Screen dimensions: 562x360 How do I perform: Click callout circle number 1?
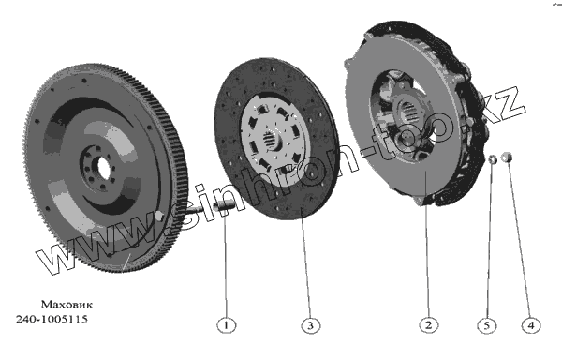[227, 325]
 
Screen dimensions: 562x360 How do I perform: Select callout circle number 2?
[429, 325]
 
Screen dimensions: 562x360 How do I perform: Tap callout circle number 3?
[310, 325]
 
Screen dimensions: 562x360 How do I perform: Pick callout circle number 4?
[531, 325]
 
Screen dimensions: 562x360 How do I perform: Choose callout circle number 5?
[487, 325]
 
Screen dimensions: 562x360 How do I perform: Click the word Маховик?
[67, 305]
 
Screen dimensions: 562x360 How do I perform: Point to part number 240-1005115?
[52, 319]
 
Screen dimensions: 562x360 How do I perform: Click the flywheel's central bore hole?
[101, 167]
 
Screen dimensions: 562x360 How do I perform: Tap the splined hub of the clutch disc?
[272, 139]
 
